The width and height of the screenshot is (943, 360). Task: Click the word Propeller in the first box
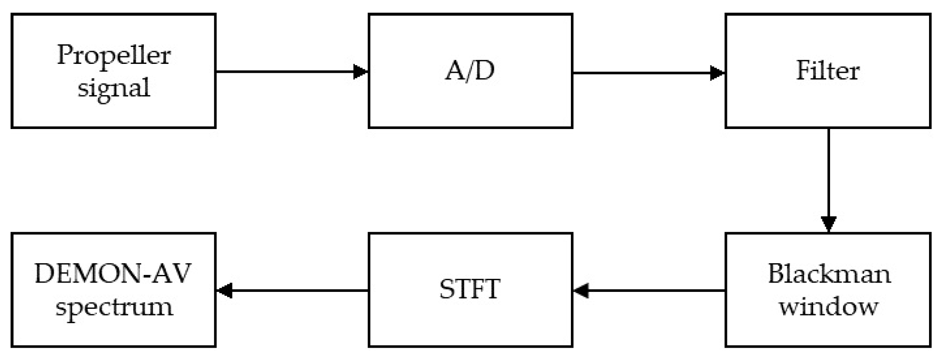click(x=113, y=55)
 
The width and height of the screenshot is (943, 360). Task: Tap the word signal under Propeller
click(x=113, y=88)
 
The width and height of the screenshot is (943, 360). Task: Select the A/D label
click(x=470, y=70)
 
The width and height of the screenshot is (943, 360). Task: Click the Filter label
click(x=828, y=70)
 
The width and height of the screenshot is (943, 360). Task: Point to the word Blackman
click(x=829, y=274)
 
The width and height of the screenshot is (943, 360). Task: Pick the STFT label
click(x=470, y=289)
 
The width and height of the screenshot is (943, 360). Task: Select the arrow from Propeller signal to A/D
click(x=288, y=71)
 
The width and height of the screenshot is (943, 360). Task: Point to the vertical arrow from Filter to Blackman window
click(x=828, y=178)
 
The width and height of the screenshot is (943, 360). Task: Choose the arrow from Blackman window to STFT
click(x=651, y=291)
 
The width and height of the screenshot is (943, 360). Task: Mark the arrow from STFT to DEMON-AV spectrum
click(x=296, y=291)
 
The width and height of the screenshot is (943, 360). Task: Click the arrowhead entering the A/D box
click(x=360, y=71)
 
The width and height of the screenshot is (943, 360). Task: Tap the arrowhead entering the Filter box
click(x=717, y=73)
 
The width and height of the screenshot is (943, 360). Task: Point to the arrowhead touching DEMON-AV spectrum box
click(x=225, y=291)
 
